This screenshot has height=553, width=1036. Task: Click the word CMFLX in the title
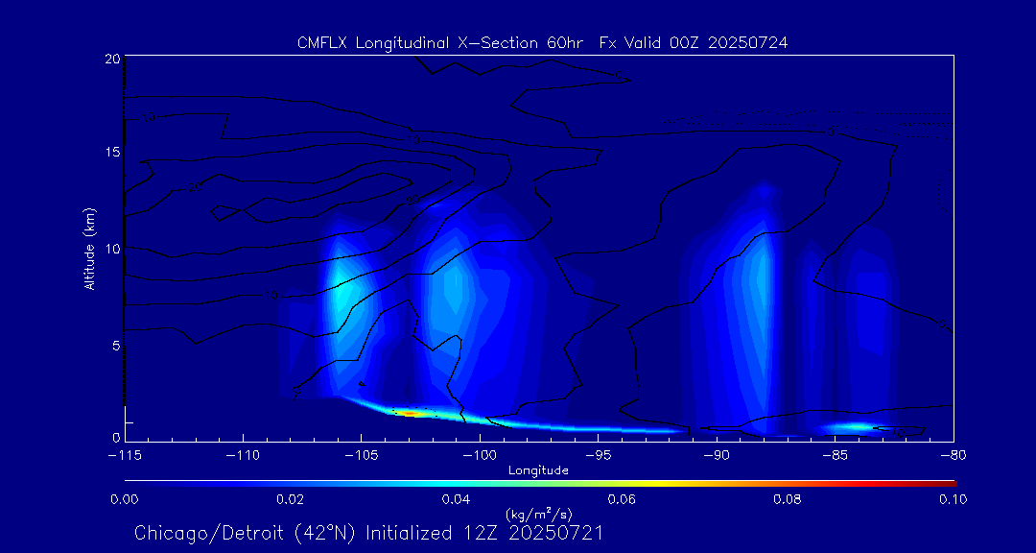[x=322, y=42]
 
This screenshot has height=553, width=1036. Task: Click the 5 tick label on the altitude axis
[x=115, y=344]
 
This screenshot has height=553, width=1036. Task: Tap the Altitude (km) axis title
[x=89, y=249]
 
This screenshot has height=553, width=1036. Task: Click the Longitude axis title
[x=538, y=470]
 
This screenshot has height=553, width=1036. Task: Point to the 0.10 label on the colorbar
[x=953, y=499]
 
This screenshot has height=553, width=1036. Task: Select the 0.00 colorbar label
[x=125, y=499]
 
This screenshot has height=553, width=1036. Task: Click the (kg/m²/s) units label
[x=538, y=516]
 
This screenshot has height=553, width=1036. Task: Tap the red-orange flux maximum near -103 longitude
[x=408, y=413]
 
